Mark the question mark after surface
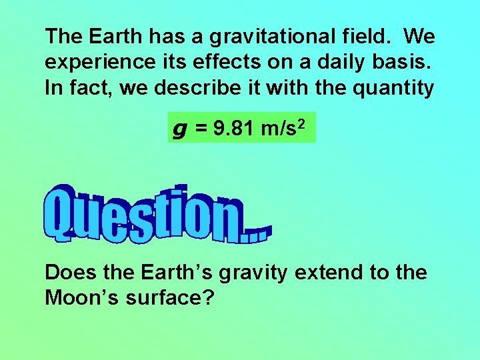coord(207,298)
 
